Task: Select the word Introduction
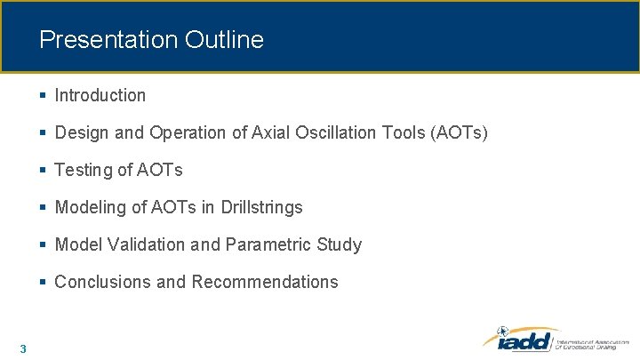point(100,95)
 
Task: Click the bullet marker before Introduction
point(44,95)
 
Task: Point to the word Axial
point(271,132)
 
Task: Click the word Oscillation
point(339,132)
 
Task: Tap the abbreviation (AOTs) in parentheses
point(459,132)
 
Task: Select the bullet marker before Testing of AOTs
point(44,170)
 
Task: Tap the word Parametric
point(267,244)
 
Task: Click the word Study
point(340,244)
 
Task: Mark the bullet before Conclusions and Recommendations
point(44,282)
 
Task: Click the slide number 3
point(22,348)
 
